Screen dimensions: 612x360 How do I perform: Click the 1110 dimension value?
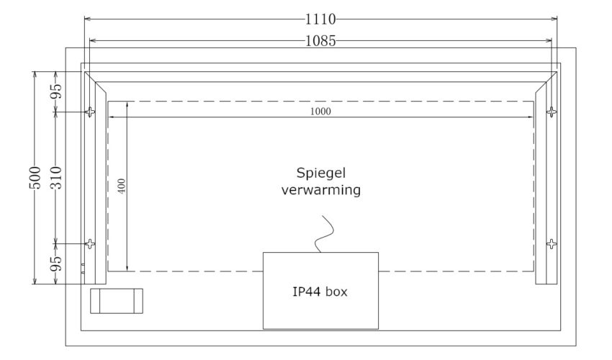tap(320, 19)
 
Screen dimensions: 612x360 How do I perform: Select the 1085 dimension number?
tap(320, 40)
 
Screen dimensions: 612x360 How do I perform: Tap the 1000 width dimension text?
tap(320, 112)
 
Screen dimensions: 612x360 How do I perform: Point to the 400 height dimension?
tap(122, 186)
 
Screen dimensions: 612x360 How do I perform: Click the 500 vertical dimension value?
tap(35, 178)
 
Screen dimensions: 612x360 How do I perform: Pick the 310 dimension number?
tap(57, 178)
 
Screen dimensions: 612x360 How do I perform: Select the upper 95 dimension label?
tap(57, 91)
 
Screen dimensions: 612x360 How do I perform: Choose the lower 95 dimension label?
tap(57, 264)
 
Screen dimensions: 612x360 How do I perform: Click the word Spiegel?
tap(321, 174)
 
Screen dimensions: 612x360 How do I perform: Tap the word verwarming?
tap(321, 190)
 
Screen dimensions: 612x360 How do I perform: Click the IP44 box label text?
tap(320, 292)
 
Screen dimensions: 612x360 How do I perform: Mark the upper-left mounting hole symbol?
tap(90, 112)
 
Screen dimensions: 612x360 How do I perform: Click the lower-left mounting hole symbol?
tap(90, 244)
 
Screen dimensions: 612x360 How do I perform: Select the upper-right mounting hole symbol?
tap(551, 112)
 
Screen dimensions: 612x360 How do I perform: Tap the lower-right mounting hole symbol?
tap(551, 244)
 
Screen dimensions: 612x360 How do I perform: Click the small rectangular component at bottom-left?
tap(117, 301)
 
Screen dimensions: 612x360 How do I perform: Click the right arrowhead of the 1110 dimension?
tap(554, 18)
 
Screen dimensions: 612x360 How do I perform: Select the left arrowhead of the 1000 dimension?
tap(111, 117)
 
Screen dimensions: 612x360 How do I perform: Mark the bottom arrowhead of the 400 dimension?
tap(127, 268)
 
